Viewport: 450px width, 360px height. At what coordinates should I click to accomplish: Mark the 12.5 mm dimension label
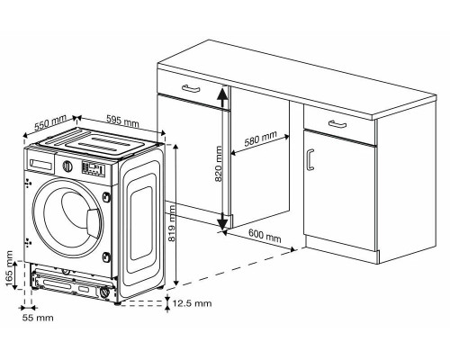pos(195,303)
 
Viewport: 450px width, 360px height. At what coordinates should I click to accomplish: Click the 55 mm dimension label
pos(39,318)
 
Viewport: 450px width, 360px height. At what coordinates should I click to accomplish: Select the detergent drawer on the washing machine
pos(43,164)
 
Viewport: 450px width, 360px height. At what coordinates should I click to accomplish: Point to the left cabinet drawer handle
pos(190,87)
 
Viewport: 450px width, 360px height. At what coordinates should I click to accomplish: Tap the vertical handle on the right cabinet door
pos(310,160)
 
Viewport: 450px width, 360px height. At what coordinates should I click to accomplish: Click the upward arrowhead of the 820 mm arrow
pos(220,91)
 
